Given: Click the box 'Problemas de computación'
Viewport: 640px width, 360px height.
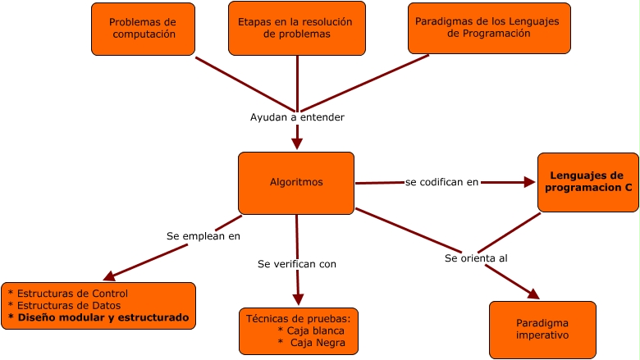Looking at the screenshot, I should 143,29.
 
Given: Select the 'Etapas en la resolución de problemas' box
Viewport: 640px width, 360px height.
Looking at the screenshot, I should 296,29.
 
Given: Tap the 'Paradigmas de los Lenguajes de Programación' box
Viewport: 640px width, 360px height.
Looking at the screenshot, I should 489,29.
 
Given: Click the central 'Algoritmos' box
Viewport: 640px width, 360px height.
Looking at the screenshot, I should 296,182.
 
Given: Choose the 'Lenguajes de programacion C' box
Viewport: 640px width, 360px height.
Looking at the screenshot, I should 587,182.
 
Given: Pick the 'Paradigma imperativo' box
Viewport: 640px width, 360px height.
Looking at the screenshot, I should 542,330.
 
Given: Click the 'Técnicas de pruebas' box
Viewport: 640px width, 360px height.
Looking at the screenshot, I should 299,330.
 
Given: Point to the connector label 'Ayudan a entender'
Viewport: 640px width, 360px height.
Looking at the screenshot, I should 297,117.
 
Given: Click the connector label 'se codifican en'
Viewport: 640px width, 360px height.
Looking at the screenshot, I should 442,182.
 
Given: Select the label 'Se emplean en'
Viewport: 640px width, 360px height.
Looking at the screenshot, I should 203,236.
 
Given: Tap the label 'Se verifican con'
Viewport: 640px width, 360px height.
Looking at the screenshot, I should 297,264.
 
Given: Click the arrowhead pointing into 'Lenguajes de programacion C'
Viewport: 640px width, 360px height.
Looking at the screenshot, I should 529,182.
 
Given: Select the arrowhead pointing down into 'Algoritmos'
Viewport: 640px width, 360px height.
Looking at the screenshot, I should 297,144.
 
